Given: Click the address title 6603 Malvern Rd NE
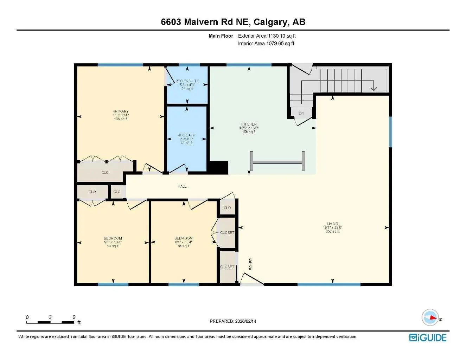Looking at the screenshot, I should tap(233, 22).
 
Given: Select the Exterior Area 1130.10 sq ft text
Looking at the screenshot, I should tap(267, 36).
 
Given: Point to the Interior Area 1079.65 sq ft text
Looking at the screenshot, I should tap(266, 44).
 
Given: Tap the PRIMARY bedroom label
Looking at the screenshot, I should tap(121, 115).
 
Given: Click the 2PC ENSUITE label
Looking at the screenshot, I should tap(187, 84).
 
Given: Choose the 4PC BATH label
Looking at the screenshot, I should tap(186, 139).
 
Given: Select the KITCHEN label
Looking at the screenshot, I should tap(249, 128).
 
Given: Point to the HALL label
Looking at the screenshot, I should tap(182, 186).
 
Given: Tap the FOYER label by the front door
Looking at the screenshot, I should tap(251, 264).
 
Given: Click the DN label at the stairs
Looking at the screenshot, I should tap(301, 113).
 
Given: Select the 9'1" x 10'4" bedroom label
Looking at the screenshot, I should tap(113, 242).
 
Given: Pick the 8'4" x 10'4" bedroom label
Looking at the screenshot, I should tap(184, 242).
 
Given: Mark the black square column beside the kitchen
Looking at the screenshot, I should tap(218, 167).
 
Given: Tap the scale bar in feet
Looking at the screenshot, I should tap(50, 322).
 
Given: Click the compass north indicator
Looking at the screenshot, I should tap(430, 317).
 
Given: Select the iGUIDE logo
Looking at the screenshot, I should tap(428, 337).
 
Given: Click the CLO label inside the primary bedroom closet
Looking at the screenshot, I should tap(105, 172).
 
